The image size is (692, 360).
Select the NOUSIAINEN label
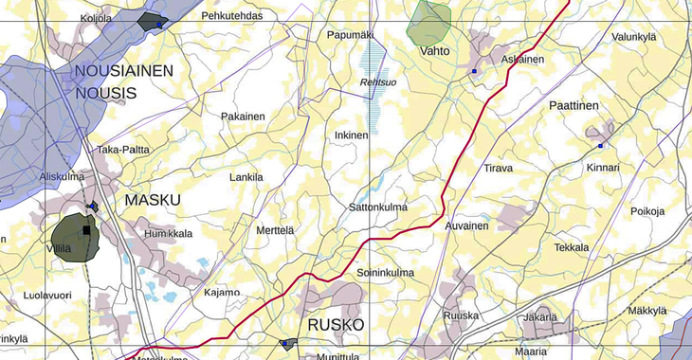click(124, 71)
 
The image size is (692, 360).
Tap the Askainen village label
click(522, 59)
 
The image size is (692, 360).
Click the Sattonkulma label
click(378, 207)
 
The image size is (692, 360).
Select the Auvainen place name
click(467, 226)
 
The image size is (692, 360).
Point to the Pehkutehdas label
click(232, 16)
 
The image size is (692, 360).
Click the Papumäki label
click(351, 35)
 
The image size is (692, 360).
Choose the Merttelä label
click(276, 230)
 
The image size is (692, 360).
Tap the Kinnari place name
click(603, 168)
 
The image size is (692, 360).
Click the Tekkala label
click(572, 247)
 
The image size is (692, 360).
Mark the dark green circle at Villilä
click(74, 237)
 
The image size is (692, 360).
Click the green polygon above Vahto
click(428, 21)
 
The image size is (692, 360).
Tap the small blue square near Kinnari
click(600, 146)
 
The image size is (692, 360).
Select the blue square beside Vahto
click(474, 71)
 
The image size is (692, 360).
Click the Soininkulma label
click(386, 274)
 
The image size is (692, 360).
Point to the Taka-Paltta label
click(123, 150)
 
